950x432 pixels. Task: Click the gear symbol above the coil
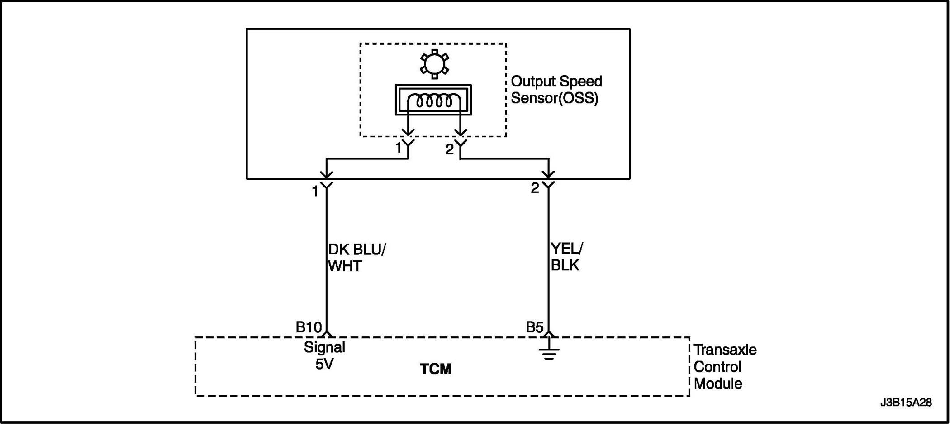click(434, 64)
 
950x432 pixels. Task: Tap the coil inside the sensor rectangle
click(434, 101)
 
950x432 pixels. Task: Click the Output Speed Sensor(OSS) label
click(556, 90)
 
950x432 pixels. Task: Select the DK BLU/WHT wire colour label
click(356, 258)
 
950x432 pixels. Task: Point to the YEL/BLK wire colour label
click(566, 257)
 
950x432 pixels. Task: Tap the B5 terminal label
click(534, 327)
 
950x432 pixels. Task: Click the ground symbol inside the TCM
click(549, 352)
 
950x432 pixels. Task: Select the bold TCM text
click(435, 369)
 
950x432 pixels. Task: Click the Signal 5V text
click(324, 355)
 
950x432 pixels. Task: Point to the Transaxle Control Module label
click(725, 367)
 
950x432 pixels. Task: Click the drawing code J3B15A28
click(906, 403)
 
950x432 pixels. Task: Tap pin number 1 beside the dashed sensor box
click(398, 148)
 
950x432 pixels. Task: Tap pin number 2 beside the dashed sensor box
click(449, 149)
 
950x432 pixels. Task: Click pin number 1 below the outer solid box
click(315, 192)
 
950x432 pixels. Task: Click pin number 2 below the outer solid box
click(535, 188)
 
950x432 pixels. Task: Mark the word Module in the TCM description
click(718, 384)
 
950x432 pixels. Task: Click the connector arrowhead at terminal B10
click(327, 335)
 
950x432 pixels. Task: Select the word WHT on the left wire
click(345, 266)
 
